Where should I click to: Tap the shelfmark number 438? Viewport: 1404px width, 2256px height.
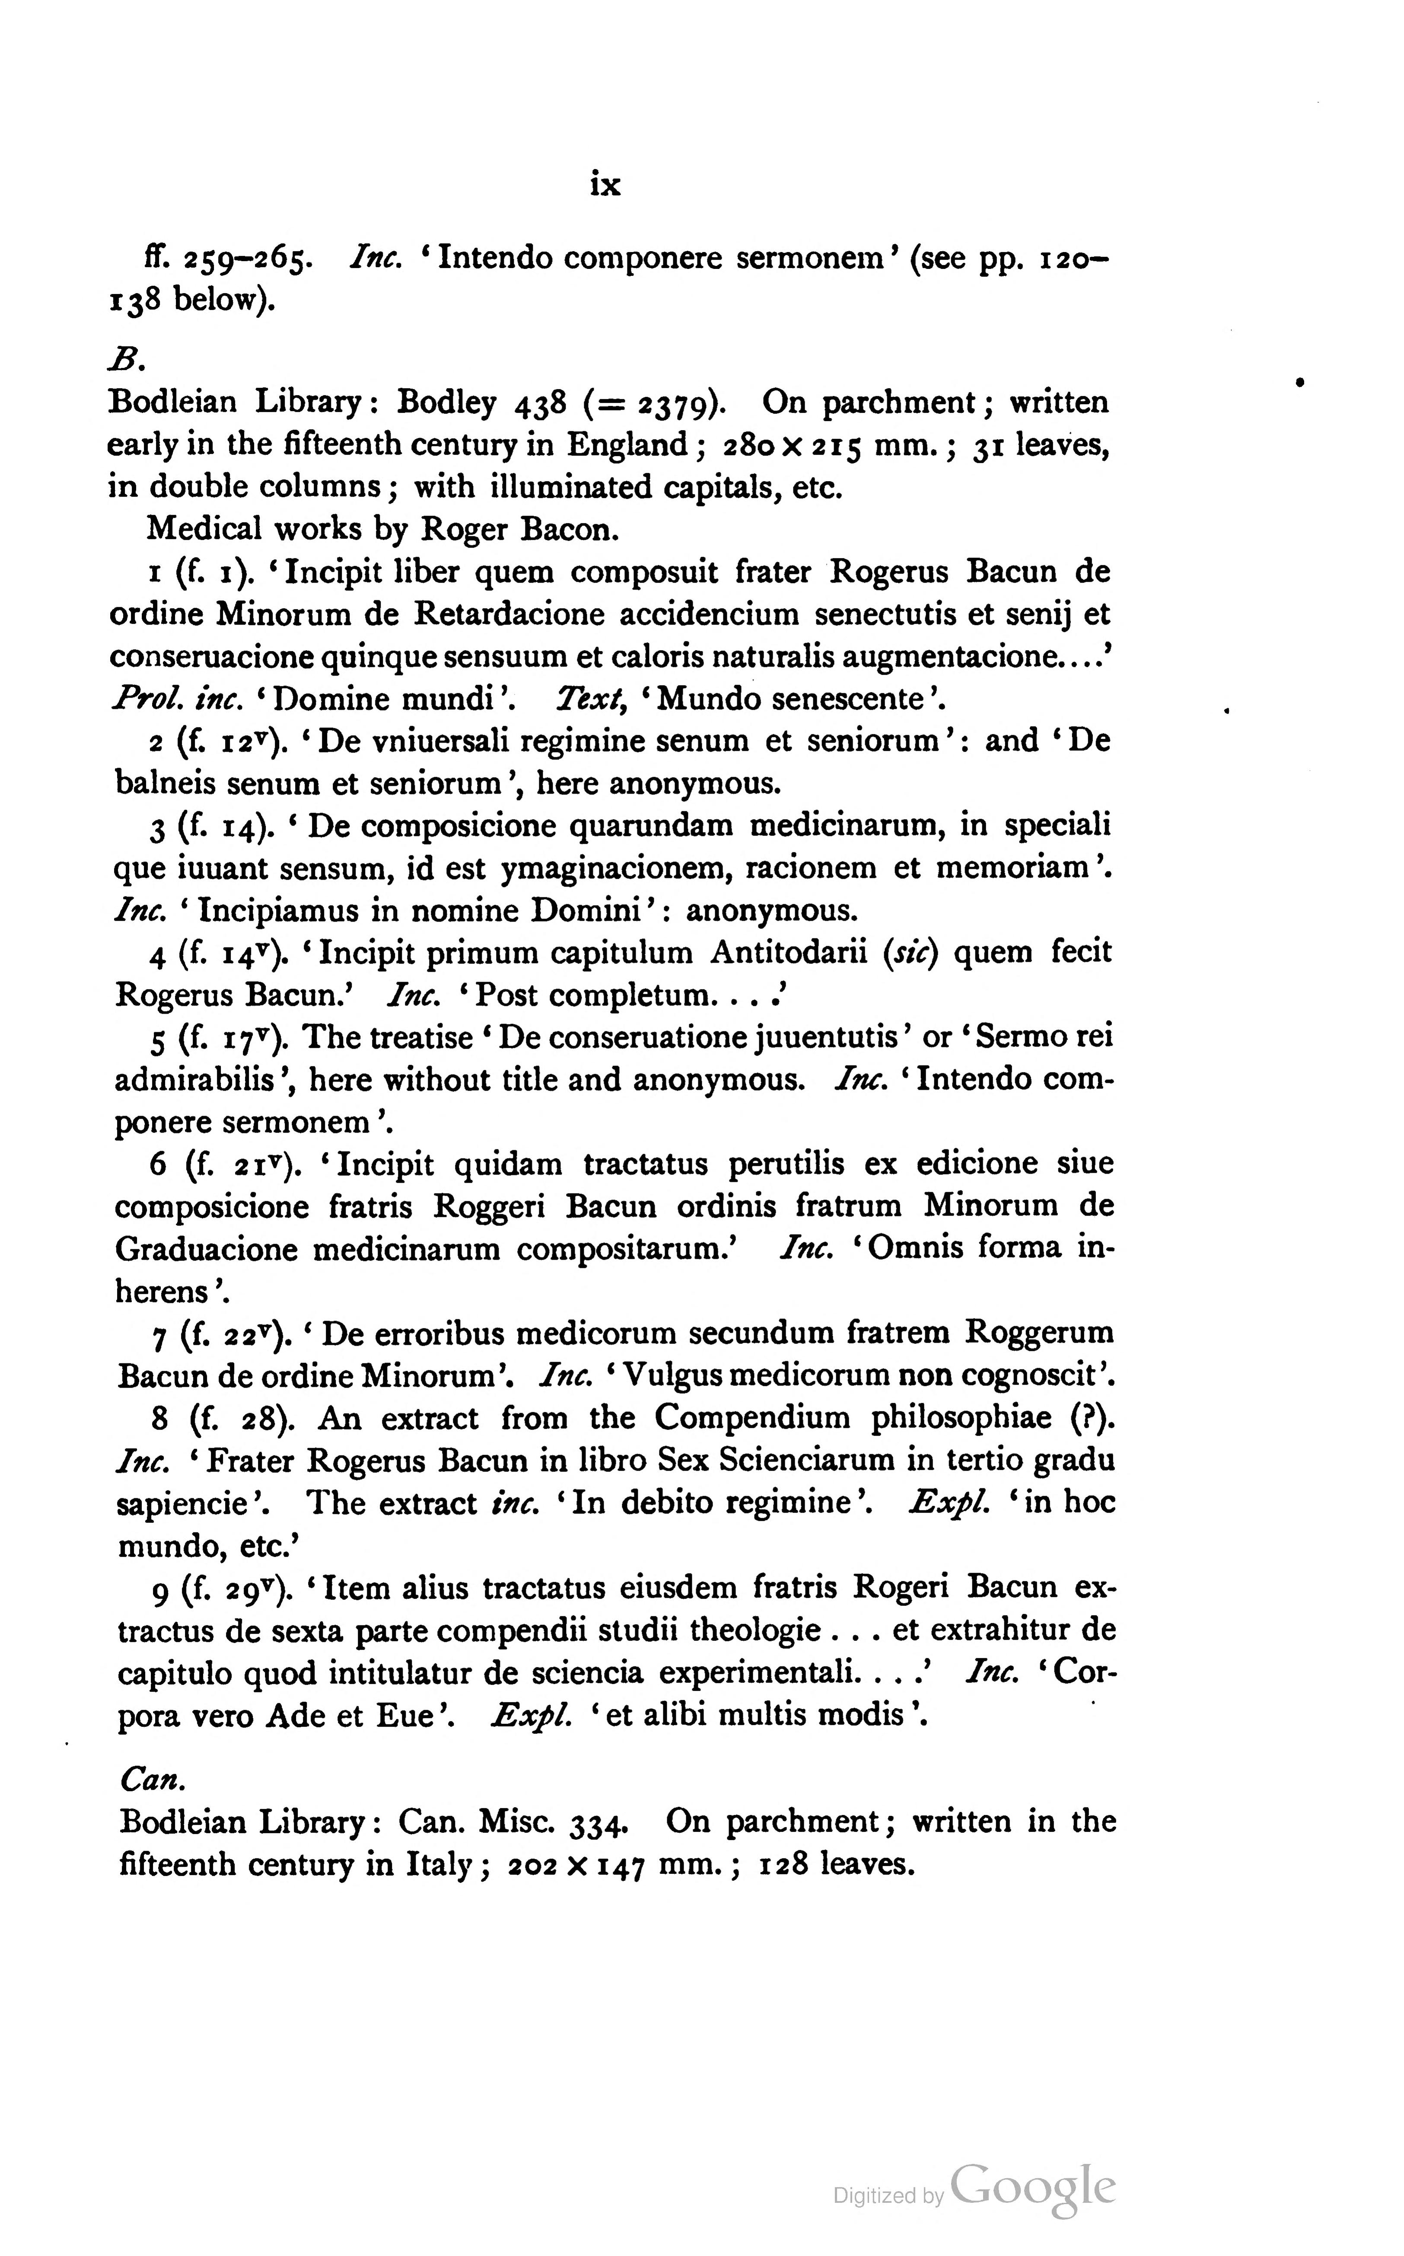tap(539, 403)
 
